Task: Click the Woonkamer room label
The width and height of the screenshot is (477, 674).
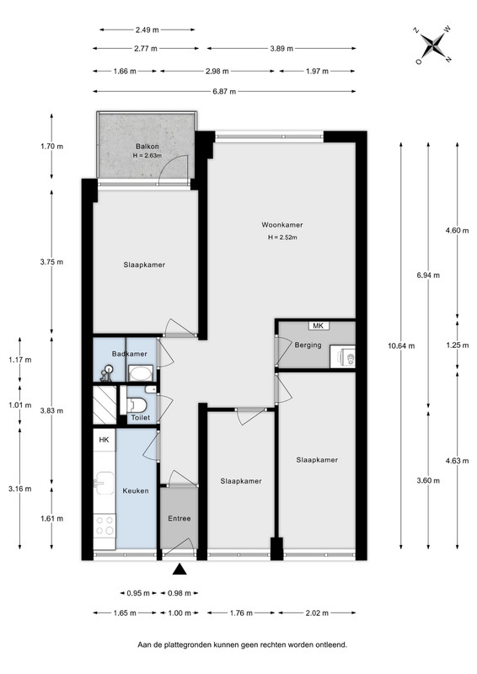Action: click(281, 225)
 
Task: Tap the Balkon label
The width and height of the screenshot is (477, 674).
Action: click(147, 147)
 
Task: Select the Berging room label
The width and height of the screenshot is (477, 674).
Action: click(308, 345)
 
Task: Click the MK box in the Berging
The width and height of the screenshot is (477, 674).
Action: click(319, 326)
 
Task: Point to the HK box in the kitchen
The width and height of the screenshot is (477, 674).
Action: click(105, 440)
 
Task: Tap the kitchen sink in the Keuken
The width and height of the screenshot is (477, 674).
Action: click(105, 483)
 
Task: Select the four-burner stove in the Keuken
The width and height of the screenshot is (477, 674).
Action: click(105, 526)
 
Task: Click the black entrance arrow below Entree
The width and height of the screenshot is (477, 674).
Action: click(180, 570)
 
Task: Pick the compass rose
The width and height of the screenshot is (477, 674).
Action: click(433, 45)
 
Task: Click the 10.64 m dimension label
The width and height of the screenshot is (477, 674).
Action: click(401, 345)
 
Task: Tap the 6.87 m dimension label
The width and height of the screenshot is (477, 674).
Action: click(224, 92)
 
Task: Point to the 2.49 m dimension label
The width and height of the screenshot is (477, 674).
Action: click(147, 30)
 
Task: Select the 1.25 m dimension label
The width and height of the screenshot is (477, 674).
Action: click(458, 345)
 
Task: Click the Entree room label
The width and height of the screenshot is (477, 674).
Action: click(180, 518)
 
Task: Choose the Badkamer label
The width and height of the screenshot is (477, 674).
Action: click(130, 354)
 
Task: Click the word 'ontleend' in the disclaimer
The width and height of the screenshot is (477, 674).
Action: click(331, 645)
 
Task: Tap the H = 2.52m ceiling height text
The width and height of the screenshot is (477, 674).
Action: click(282, 238)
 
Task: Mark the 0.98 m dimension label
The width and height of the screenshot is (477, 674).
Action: click(179, 594)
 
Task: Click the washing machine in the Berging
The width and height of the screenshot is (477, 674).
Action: click(343, 357)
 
